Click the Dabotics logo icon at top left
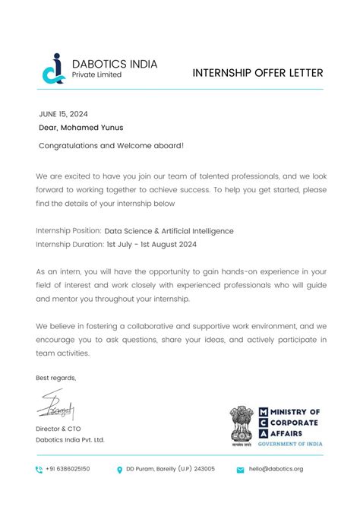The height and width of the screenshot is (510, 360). pyautogui.click(x=53, y=68)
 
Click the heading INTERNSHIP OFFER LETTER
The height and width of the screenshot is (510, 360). pyautogui.click(x=258, y=73)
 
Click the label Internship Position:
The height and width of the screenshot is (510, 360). pyautogui.click(x=68, y=230)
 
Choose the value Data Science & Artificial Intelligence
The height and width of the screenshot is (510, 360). pyautogui.click(x=169, y=230)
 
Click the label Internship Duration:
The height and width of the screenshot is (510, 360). pyautogui.click(x=70, y=245)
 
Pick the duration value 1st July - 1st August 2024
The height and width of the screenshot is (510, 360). pyautogui.click(x=152, y=245)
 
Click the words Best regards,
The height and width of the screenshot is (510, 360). pyautogui.click(x=56, y=378)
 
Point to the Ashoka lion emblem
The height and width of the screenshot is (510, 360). pyautogui.click(x=243, y=423)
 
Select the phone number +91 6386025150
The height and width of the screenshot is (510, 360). pyautogui.click(x=68, y=469)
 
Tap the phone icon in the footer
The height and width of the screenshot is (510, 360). pyautogui.click(x=39, y=470)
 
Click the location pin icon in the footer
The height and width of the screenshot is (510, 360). pyautogui.click(x=120, y=470)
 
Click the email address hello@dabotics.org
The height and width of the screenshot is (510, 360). pyautogui.click(x=276, y=469)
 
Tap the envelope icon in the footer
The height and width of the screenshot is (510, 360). pyautogui.click(x=241, y=470)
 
